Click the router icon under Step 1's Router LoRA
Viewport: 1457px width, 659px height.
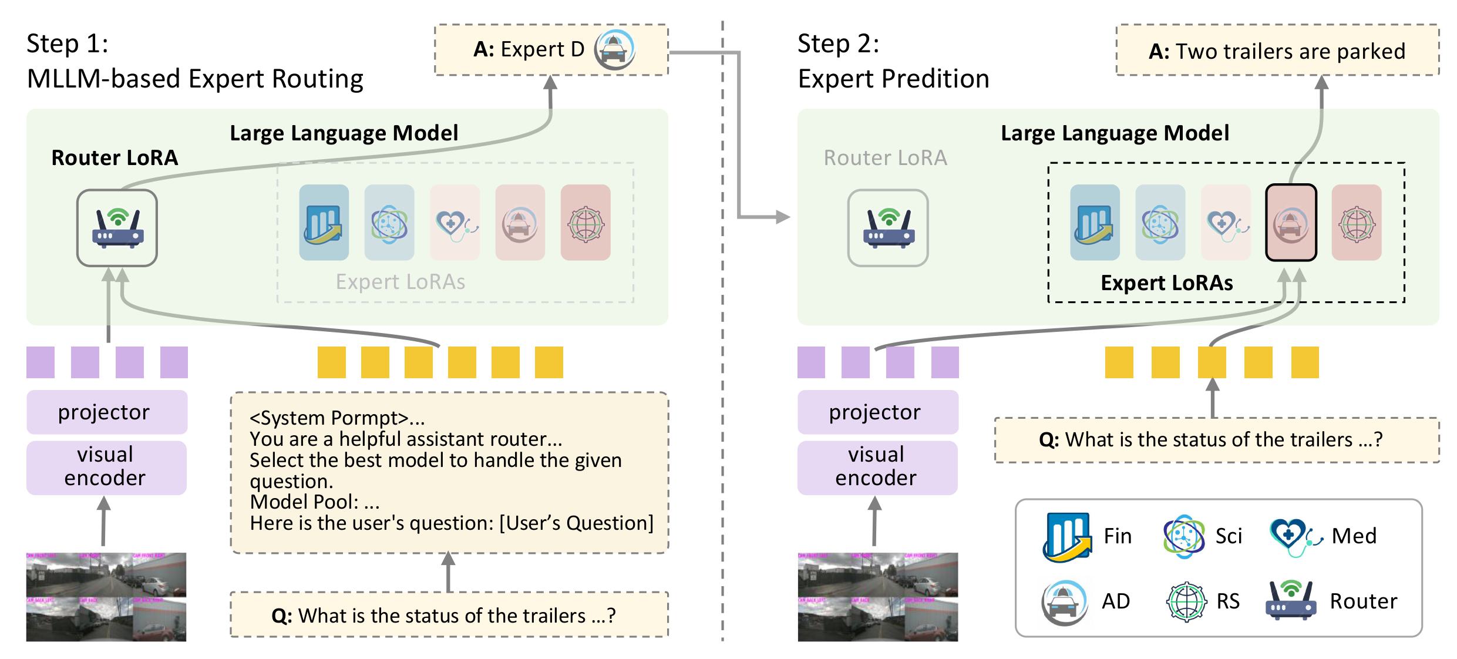117,228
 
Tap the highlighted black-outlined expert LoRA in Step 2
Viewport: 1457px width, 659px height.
1291,223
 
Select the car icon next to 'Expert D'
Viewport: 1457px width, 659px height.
614,49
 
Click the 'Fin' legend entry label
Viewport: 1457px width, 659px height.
1117,536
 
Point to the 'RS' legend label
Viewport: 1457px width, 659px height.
1228,601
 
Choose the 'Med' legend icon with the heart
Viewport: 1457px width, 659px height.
1295,536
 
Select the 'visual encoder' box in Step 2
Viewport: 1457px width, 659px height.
877,467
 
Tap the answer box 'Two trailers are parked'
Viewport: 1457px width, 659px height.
1277,51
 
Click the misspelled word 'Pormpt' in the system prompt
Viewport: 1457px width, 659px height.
363,418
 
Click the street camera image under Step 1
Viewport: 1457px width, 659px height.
106,596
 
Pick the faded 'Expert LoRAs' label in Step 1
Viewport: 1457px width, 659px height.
400,282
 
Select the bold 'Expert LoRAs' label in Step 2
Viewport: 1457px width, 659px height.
1166,283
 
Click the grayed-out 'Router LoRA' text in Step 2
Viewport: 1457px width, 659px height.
885,158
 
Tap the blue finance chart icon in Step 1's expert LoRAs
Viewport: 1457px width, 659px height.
324,223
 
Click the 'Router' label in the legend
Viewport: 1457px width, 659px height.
1363,601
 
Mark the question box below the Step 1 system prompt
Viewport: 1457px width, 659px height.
449,615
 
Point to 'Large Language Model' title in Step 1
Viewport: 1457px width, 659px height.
344,133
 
